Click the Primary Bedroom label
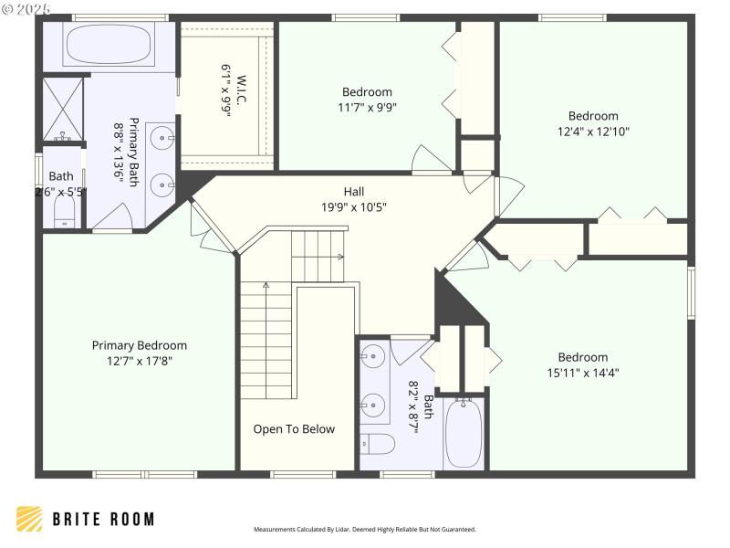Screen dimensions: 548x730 point(139,345)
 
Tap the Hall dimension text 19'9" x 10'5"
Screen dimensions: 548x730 point(353,206)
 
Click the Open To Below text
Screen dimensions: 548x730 point(294,429)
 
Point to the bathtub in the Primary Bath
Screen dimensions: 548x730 point(109,45)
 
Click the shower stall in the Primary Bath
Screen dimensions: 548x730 point(63,109)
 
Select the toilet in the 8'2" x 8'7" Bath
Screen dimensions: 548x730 point(378,445)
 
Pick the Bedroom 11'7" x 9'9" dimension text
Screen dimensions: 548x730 point(367,106)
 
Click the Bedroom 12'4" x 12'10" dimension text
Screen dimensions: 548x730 point(593,131)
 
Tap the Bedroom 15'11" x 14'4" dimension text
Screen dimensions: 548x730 point(582,372)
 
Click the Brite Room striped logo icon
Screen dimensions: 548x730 point(29,519)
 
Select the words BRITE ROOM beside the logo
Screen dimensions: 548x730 point(102,519)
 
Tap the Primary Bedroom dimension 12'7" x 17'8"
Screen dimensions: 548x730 point(139,360)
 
